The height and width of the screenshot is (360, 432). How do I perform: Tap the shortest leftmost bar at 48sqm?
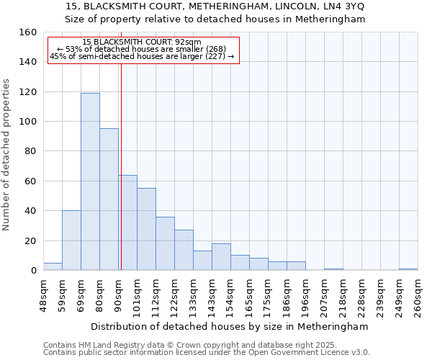click(53, 266)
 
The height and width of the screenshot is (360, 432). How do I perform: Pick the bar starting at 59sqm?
click(71, 240)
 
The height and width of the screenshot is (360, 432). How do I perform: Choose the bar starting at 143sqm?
click(221, 257)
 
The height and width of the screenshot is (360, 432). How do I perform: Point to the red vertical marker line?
click(121, 166)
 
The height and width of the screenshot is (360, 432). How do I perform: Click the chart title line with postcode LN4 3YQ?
click(215, 6)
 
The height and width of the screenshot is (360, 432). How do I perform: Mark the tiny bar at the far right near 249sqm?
click(408, 269)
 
